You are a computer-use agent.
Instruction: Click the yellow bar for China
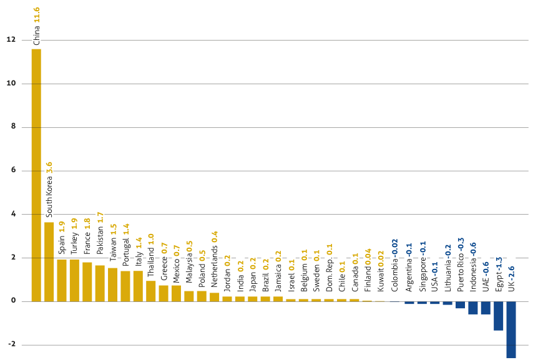pos(36,175)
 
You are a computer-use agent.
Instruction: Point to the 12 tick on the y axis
pos(11,39)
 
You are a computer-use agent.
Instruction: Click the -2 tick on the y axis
pos(11,344)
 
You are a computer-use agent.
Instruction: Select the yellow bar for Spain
pos(62,280)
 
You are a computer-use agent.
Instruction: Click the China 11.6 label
pos(36,26)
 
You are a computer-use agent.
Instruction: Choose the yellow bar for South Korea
pos(49,261)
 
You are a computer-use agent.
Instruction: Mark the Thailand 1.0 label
pos(151,255)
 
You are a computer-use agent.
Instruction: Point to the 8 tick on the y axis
pos(11,127)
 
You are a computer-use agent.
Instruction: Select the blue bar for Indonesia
pos(473,308)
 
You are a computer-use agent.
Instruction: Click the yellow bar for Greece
pos(164,293)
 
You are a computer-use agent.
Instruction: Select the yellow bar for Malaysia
pos(189,296)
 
